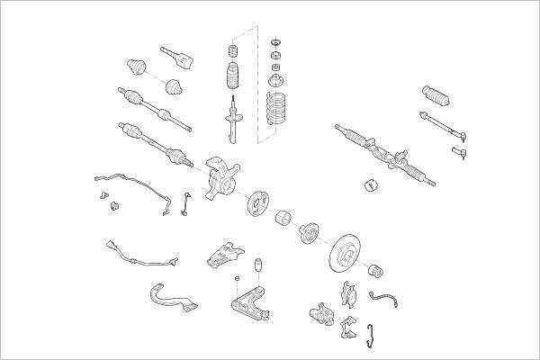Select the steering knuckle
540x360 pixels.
click(x=219, y=178)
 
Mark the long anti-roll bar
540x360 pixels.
click(x=135, y=185)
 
